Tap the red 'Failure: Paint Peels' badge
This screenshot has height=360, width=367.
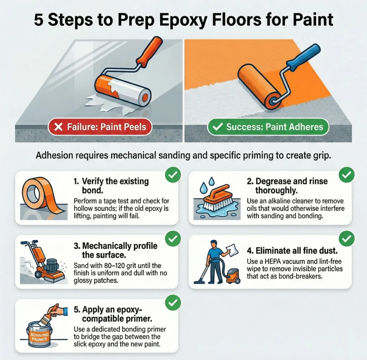click(x=100, y=127)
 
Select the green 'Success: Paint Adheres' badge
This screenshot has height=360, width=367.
click(x=268, y=127)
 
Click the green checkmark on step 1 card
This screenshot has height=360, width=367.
click(x=173, y=175)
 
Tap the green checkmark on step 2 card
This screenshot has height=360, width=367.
click(x=346, y=175)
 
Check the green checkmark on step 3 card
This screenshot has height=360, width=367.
click(x=173, y=238)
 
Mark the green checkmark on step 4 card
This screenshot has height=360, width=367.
click(x=346, y=238)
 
